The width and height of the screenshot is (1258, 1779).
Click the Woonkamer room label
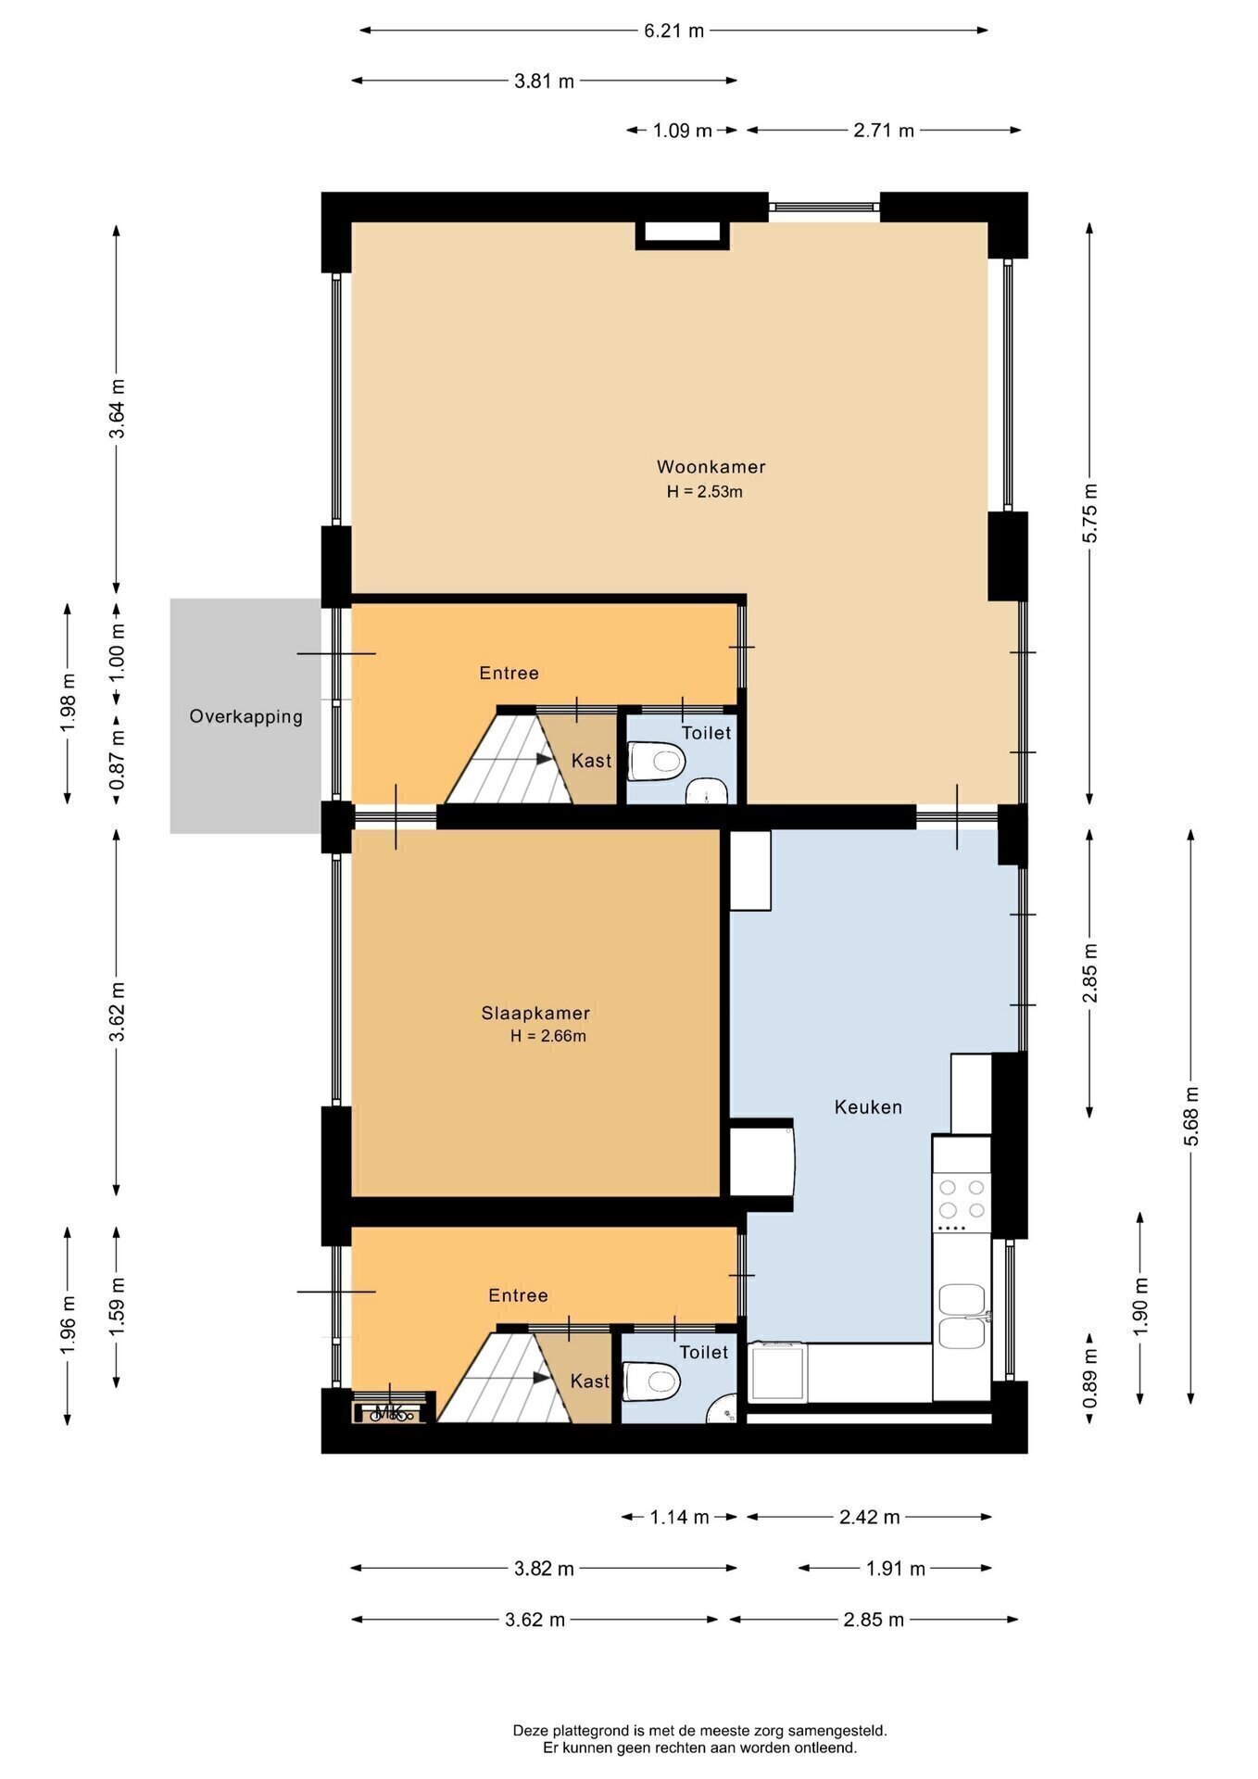[x=711, y=466]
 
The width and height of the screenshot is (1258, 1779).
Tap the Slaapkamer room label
[x=535, y=1013]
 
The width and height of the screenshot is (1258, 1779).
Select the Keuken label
[x=868, y=1106]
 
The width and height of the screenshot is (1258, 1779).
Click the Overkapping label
[x=245, y=716]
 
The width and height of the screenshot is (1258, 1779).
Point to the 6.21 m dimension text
[x=674, y=31]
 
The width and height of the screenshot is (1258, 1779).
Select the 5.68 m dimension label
[x=1191, y=1116]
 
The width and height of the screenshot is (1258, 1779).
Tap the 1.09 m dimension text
[x=683, y=131]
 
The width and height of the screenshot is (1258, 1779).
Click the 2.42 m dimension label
[x=869, y=1517]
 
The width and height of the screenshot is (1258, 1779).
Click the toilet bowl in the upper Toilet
[x=657, y=762]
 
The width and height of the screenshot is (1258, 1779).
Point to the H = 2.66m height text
[x=548, y=1036]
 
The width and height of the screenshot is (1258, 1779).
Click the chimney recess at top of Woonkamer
[x=682, y=234]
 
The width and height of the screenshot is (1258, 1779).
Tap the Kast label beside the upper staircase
[x=591, y=761]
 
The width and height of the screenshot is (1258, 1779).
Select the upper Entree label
[x=509, y=673]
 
